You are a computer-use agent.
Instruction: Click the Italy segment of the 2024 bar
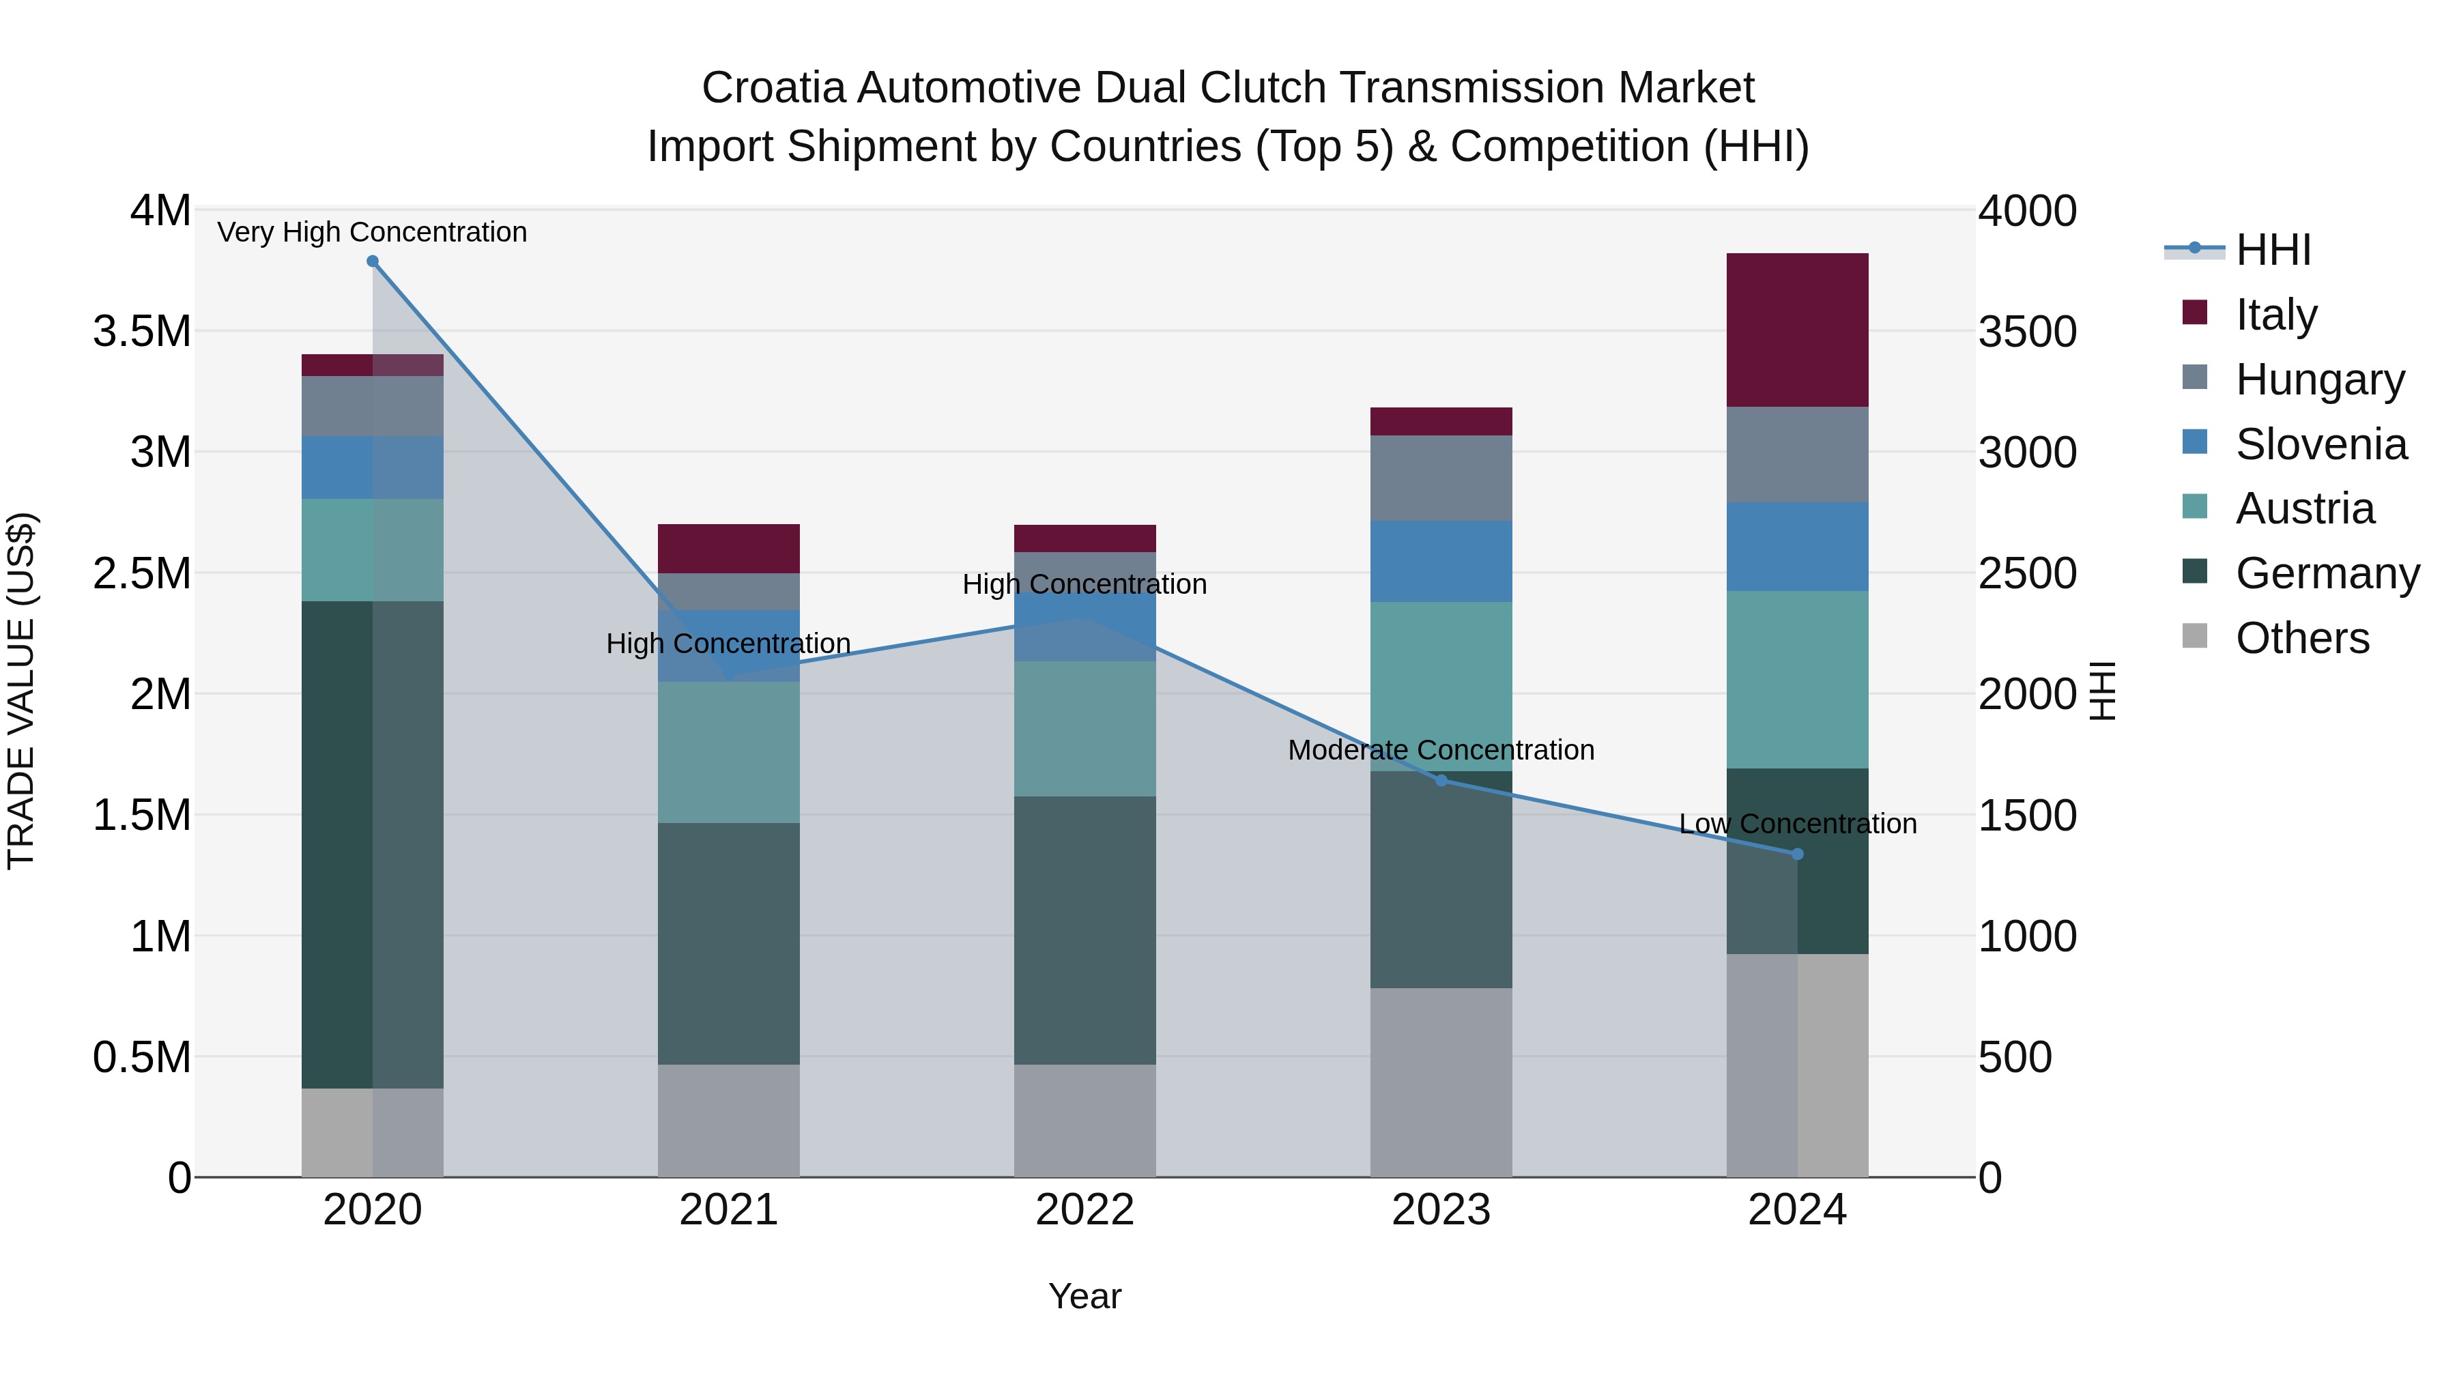click(1797, 330)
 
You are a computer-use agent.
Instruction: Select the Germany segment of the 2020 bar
click(372, 844)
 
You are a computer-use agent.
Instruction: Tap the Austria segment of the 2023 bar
click(1441, 686)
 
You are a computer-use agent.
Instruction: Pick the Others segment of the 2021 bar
click(729, 1121)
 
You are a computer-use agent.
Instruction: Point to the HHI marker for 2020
click(373, 261)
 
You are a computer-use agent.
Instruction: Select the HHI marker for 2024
click(1798, 854)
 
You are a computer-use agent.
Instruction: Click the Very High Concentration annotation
click(372, 232)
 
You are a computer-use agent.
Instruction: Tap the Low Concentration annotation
click(1798, 824)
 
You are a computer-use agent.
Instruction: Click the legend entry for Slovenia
click(2320, 444)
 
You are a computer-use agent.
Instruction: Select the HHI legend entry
click(2273, 250)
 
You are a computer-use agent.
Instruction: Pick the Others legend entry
click(2301, 638)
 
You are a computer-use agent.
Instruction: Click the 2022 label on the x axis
click(1084, 1210)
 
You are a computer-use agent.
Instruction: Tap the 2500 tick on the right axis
click(2027, 573)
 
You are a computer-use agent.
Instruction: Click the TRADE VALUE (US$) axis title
click(22, 691)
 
